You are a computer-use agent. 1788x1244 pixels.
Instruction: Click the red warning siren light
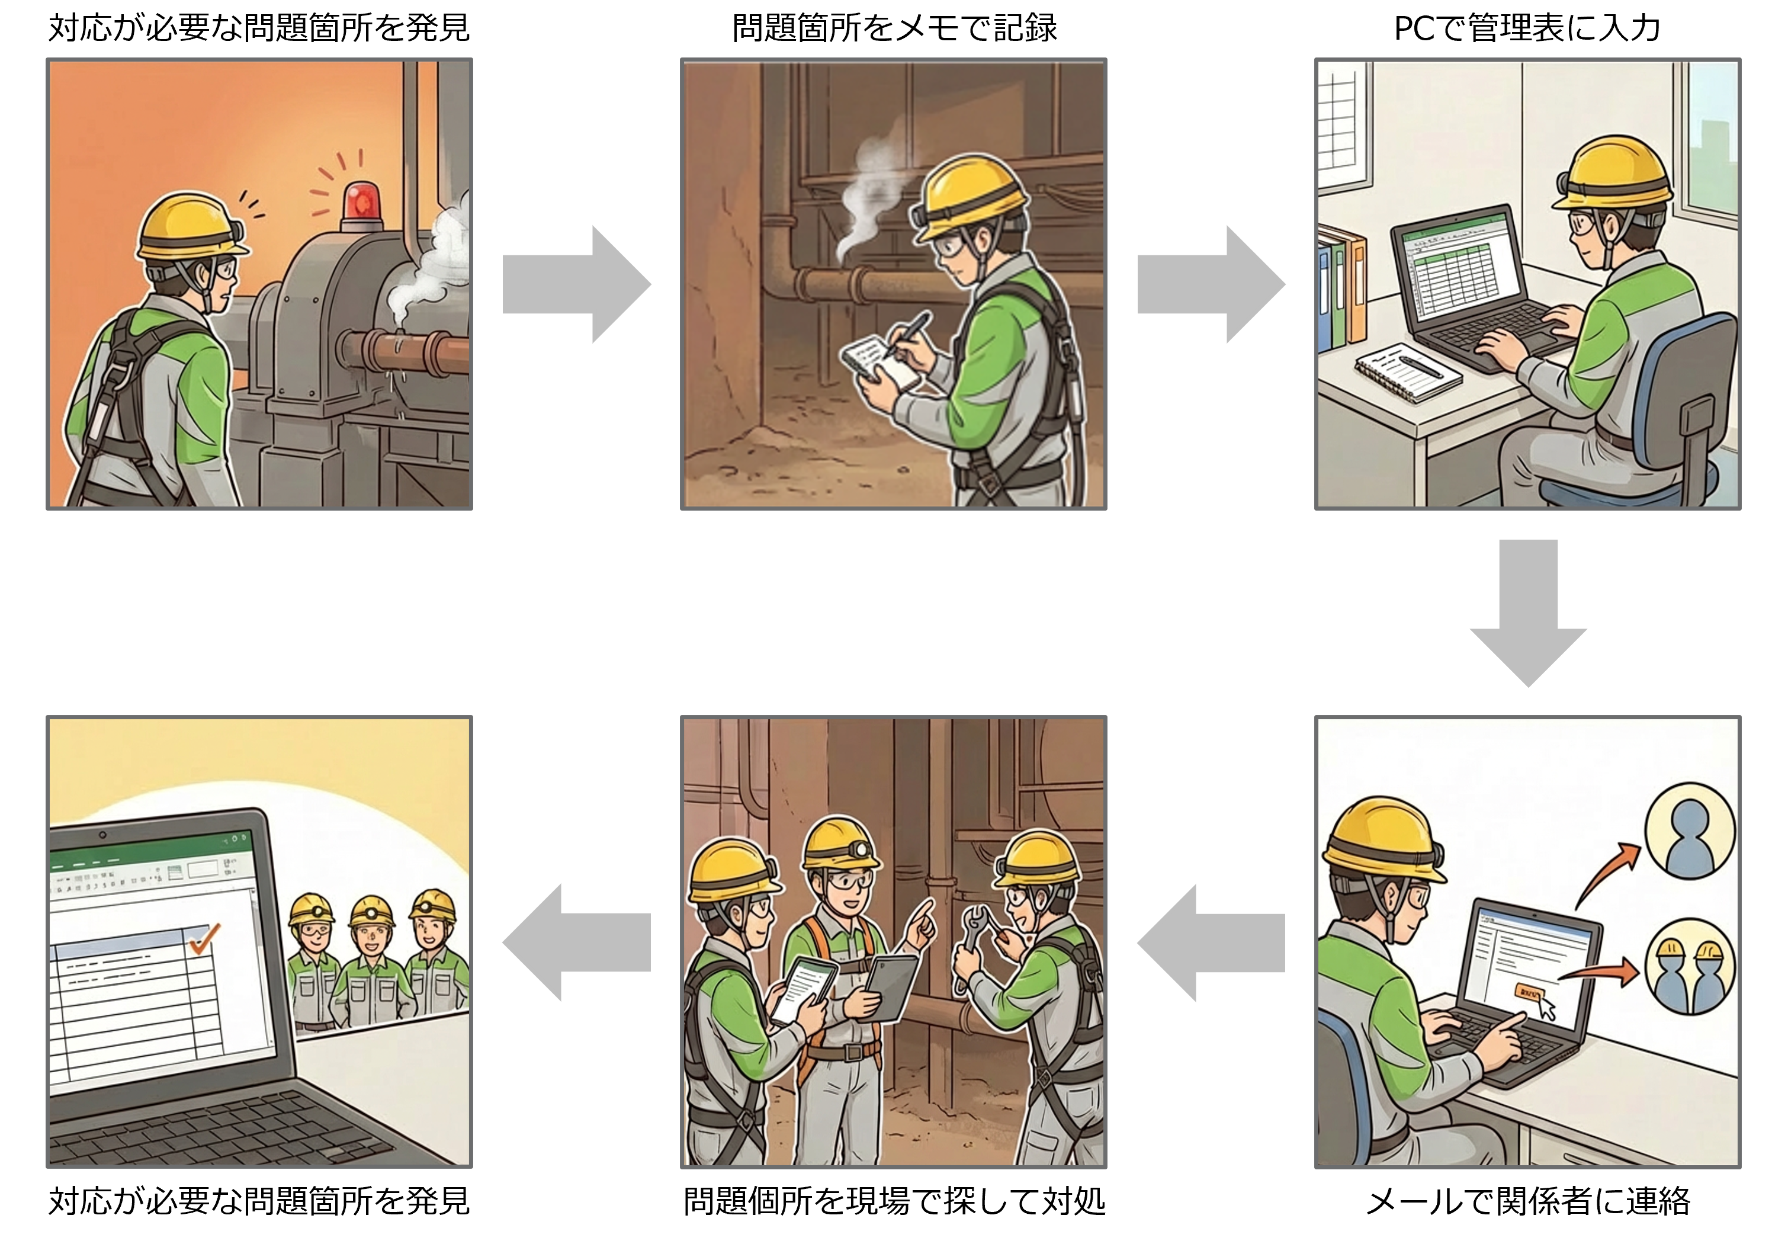click(x=361, y=201)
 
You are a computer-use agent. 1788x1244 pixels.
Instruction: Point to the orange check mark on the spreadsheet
click(x=205, y=939)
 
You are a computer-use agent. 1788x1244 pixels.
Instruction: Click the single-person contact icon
click(x=1689, y=829)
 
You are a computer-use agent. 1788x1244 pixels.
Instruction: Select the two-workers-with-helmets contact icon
click(x=1689, y=967)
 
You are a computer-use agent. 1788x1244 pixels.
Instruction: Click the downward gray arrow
click(x=1528, y=611)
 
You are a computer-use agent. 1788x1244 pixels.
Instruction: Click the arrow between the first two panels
click(x=576, y=284)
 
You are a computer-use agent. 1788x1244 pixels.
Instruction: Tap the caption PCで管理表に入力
click(x=1527, y=29)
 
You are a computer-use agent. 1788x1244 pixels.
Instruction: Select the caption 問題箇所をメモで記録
click(x=894, y=29)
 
